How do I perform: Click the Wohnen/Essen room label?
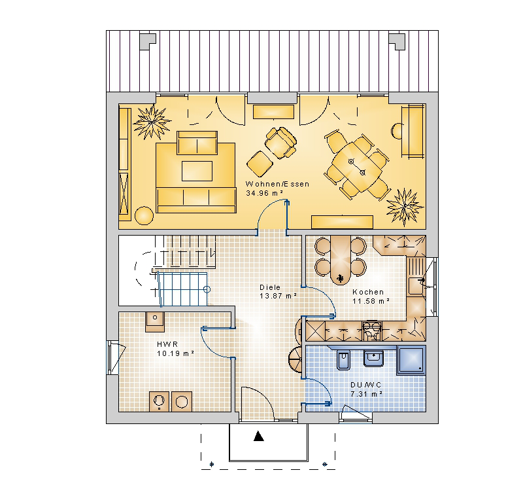(277, 184)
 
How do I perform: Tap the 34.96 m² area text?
(265, 193)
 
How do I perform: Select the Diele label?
(270, 287)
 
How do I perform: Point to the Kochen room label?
(368, 292)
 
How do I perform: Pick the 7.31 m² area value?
(366, 394)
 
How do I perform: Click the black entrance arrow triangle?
(258, 436)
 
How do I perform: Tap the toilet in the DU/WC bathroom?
(344, 360)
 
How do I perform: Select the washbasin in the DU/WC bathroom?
(373, 358)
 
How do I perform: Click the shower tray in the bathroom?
(411, 360)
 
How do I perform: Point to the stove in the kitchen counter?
(371, 330)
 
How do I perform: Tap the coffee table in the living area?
(197, 171)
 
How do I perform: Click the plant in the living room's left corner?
(152, 122)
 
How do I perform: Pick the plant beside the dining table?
(405, 207)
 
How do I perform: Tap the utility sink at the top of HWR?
(155, 322)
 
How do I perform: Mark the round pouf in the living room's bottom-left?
(144, 216)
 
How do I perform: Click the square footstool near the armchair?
(260, 164)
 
